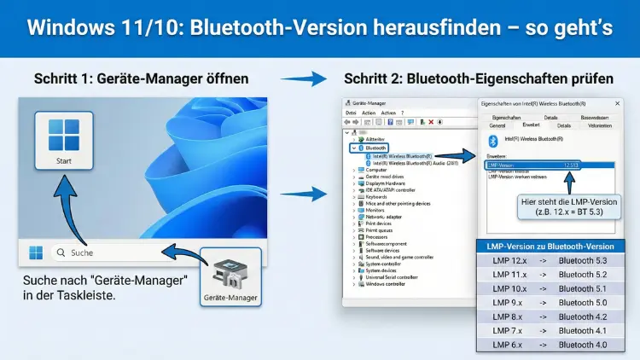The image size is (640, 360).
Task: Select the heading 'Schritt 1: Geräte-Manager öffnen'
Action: (142, 78)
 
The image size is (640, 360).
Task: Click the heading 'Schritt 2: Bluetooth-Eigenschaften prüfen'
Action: (478, 78)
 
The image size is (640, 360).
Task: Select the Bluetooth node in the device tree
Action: (376, 147)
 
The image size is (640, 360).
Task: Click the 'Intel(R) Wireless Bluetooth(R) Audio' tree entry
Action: (416, 162)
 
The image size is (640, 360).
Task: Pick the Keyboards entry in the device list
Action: (376, 197)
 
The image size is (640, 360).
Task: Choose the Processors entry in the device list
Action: (378, 236)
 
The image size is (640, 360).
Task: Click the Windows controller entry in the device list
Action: (387, 283)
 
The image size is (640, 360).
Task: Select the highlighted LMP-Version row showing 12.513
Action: (532, 164)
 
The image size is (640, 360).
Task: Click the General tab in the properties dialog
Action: (497, 125)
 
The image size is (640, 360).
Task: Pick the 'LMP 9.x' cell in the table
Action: (510, 302)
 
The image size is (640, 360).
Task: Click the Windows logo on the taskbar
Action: (36, 253)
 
